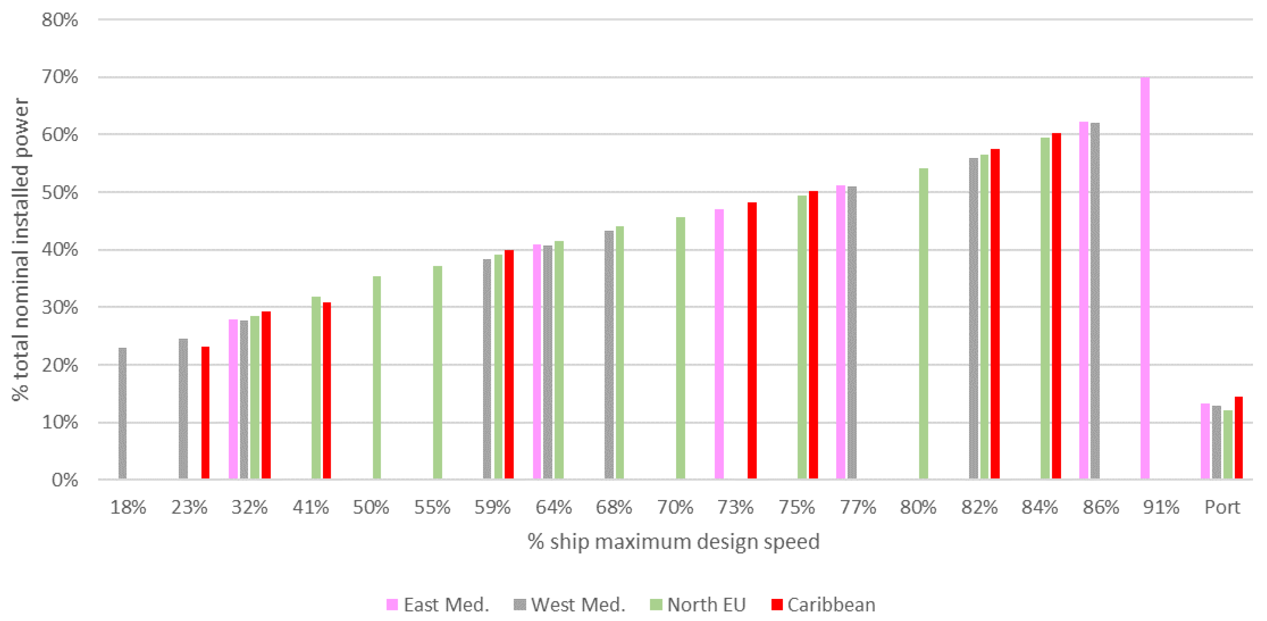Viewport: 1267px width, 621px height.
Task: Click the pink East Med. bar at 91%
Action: click(x=1145, y=278)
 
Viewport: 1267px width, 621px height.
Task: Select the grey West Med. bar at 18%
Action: click(x=123, y=413)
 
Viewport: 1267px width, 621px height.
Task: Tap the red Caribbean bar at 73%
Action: click(x=752, y=341)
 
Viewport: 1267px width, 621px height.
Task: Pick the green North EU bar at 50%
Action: click(x=377, y=378)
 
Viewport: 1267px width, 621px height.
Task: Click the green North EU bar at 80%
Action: click(x=923, y=323)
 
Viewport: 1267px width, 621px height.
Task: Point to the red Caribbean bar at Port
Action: click(x=1239, y=438)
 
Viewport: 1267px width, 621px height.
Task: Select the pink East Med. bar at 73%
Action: click(x=719, y=344)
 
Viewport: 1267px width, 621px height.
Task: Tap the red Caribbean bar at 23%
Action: click(x=205, y=412)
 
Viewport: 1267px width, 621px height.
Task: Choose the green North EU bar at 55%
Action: click(x=437, y=373)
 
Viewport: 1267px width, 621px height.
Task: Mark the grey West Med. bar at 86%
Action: click(x=1095, y=301)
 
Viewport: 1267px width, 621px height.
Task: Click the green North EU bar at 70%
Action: click(x=680, y=348)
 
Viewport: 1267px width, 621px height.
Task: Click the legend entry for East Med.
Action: click(x=438, y=605)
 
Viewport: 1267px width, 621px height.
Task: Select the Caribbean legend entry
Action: click(x=824, y=605)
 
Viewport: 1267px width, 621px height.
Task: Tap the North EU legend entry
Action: click(x=698, y=605)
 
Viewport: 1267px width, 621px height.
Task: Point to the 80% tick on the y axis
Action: click(x=60, y=20)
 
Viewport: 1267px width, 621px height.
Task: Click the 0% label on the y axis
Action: click(x=65, y=480)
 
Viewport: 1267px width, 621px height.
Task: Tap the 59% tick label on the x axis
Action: click(x=492, y=507)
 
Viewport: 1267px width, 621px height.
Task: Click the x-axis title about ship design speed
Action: click(x=673, y=541)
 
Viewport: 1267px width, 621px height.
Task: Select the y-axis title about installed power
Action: click(x=21, y=249)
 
